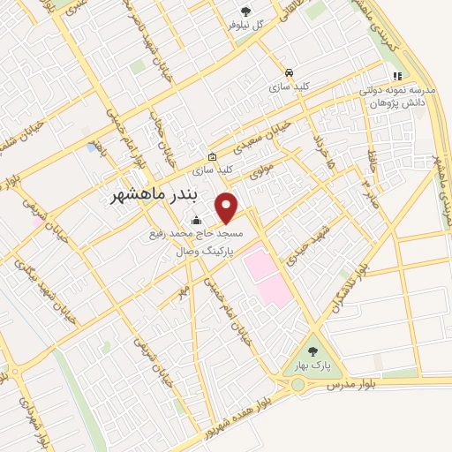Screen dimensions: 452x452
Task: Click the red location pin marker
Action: click(x=228, y=207)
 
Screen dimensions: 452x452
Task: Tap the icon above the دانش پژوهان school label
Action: click(x=397, y=76)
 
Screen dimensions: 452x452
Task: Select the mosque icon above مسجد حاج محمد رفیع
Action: click(x=195, y=221)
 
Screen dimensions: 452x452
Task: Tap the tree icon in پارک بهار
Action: click(x=313, y=350)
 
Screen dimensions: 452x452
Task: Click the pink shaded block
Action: click(x=267, y=275)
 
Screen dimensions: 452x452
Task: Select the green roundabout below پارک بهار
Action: click(x=298, y=386)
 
